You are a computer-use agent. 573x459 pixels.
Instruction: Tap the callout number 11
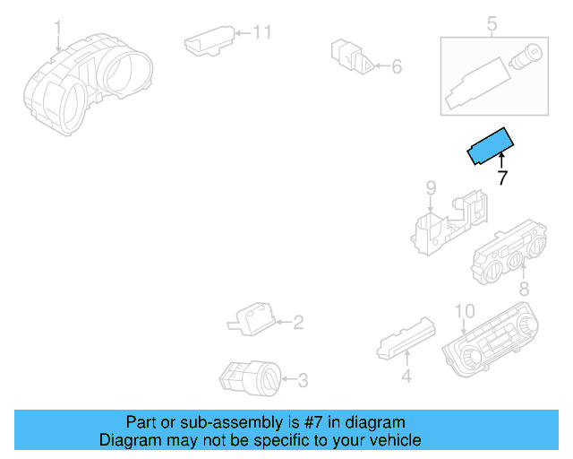[x=261, y=33]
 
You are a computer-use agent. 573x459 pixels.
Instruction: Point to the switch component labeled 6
[x=352, y=56]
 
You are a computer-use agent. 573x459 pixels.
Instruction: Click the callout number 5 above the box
[x=492, y=23]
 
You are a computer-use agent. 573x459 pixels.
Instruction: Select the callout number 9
[x=430, y=188]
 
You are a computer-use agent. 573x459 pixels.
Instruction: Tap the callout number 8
[x=525, y=289]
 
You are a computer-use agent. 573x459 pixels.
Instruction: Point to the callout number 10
[x=464, y=311]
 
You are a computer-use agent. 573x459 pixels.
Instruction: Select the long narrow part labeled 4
[x=405, y=339]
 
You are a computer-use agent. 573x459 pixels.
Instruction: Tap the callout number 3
[x=302, y=381]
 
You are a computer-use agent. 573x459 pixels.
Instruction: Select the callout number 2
[x=298, y=322]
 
